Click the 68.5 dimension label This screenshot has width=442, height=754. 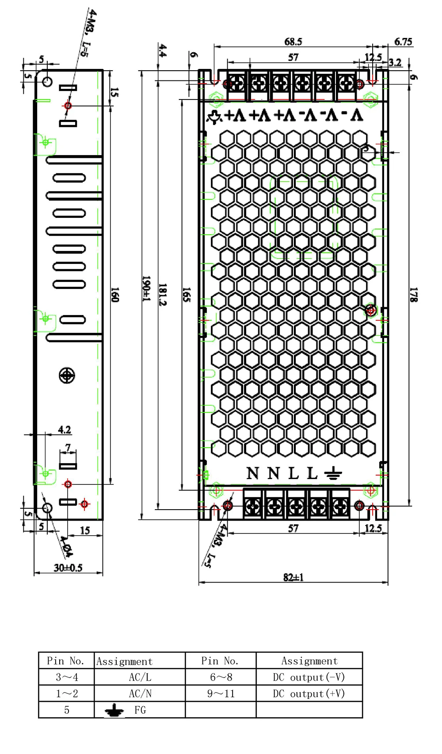[x=293, y=42]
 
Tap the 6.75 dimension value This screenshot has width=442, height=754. [x=403, y=42]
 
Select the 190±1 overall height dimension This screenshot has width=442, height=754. [x=146, y=289]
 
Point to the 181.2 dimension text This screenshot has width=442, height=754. [x=163, y=294]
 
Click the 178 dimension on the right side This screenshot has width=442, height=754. [x=414, y=294]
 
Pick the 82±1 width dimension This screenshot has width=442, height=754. [x=293, y=577]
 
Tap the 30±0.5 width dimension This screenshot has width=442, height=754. [x=68, y=568]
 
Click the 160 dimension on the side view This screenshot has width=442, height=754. [x=115, y=294]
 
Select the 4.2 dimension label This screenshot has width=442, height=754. [x=64, y=430]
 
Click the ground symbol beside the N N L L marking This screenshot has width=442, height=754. [x=333, y=473]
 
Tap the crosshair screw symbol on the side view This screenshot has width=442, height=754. [x=67, y=375]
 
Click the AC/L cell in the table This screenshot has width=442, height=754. [x=140, y=677]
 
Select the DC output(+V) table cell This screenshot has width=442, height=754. [x=309, y=693]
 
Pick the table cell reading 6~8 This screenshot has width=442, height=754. [x=221, y=677]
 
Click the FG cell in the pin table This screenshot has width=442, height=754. [x=140, y=710]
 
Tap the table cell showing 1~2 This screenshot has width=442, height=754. [x=67, y=693]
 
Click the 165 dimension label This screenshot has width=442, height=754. [x=187, y=294]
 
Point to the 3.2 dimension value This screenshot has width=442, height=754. [x=395, y=63]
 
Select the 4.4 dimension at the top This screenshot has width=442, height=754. [x=163, y=50]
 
